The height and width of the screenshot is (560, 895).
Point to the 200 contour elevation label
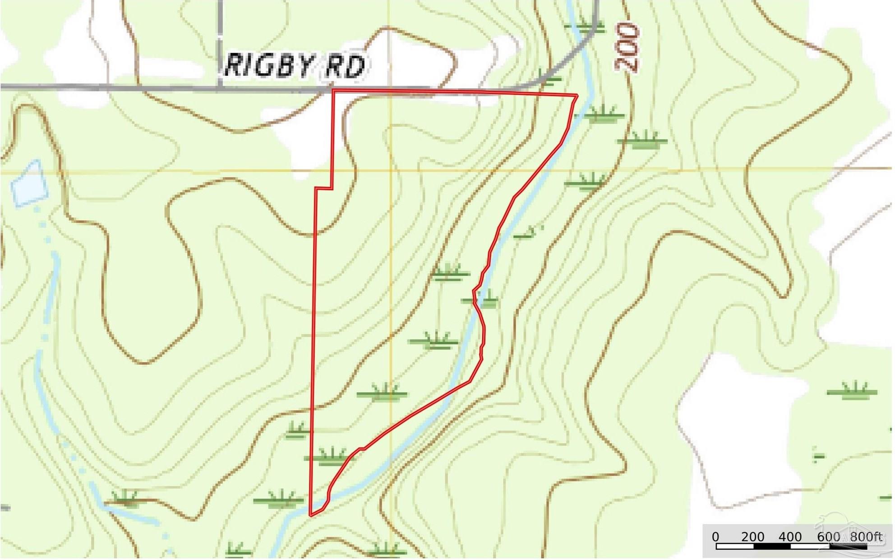pos(627,47)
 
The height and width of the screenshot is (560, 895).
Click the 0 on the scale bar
pos(716,537)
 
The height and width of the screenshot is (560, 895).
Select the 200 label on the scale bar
pos(752,537)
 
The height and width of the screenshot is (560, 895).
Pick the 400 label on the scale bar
pos(790,537)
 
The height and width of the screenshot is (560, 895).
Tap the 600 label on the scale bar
pos(828,537)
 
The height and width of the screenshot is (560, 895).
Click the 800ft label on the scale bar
pos(866,537)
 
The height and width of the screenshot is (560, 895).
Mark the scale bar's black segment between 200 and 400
pos(772,546)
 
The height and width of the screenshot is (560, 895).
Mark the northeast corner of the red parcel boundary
pos(577,95)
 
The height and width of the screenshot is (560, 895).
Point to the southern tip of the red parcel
pos(311,515)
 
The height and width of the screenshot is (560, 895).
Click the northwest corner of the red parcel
pos(333,91)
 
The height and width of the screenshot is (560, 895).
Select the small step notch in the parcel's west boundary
pos(324,188)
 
